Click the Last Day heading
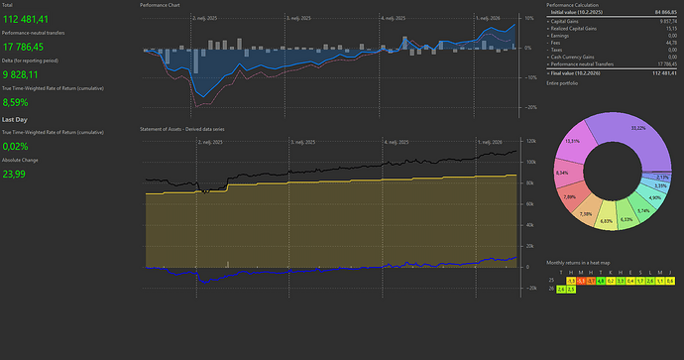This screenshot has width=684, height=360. point(15,119)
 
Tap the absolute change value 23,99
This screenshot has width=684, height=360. point(15,175)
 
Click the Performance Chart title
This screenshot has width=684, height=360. point(161,5)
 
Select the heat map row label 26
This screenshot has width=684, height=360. point(550,289)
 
